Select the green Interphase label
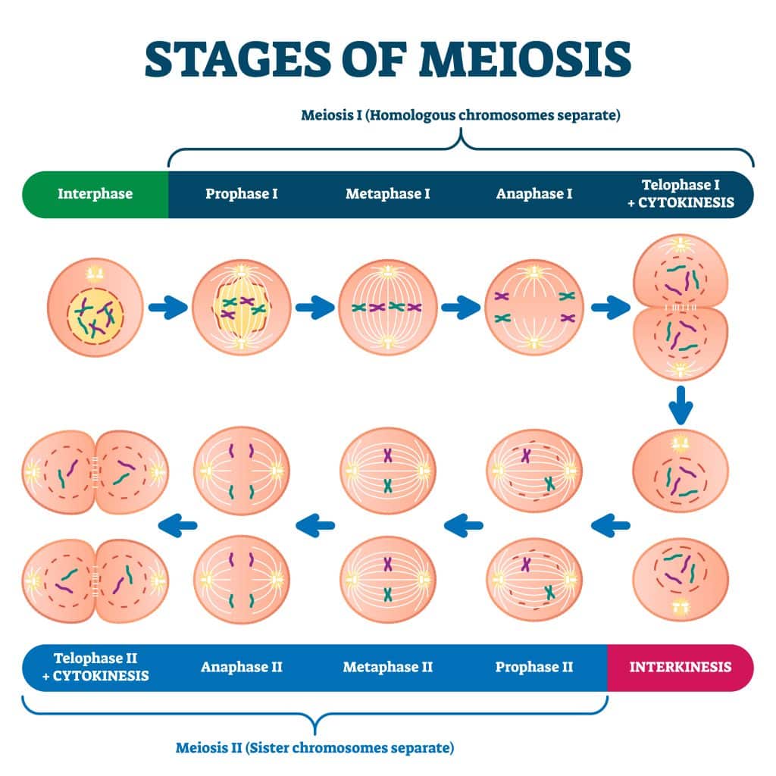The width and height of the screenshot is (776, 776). [95, 194]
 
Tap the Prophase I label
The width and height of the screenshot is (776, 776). [241, 194]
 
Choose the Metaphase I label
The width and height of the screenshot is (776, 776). [387, 194]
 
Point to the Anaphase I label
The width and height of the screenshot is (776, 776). [534, 194]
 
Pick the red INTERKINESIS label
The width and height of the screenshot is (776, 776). [681, 668]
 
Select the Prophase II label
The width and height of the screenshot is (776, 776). [534, 668]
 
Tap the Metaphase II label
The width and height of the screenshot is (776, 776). [387, 668]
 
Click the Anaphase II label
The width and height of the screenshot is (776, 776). [241, 668]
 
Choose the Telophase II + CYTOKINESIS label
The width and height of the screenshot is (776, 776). [95, 668]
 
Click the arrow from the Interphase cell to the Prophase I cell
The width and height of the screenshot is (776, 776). [167, 307]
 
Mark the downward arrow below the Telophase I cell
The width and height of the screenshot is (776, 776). [681, 405]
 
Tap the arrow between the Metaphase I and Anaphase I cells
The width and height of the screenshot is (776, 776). [461, 307]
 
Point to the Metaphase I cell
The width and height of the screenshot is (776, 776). [387, 307]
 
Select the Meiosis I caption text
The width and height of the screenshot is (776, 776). [461, 116]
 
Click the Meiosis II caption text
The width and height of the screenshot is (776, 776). [314, 748]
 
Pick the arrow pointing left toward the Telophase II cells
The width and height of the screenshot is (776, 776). [177, 523]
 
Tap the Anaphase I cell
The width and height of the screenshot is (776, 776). [533, 307]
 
